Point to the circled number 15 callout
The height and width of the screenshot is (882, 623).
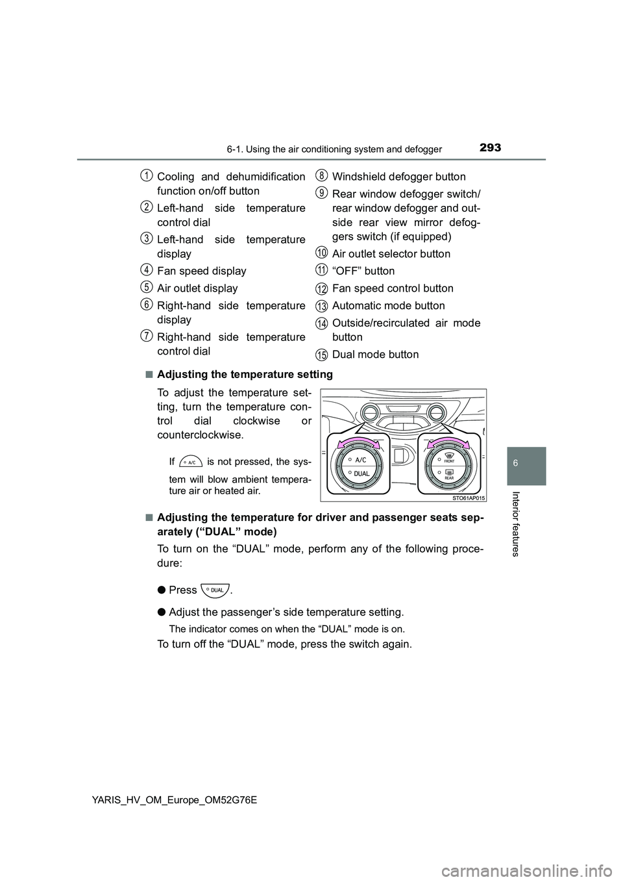(x=322, y=354)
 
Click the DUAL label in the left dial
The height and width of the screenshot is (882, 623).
(x=362, y=473)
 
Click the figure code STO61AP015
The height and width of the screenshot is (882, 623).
(x=465, y=497)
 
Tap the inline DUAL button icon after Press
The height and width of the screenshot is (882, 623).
(x=215, y=590)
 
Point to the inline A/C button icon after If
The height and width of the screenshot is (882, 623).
(x=191, y=462)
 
